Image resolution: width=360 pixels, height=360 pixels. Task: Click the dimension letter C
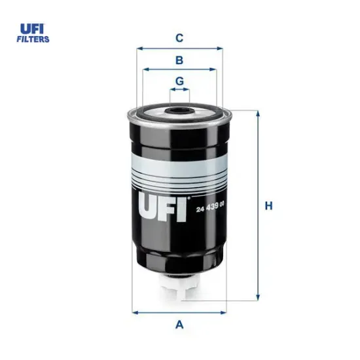tap(178, 38)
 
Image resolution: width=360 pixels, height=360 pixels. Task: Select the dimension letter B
tap(178, 60)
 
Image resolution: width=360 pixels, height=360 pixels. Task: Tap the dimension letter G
tap(179, 82)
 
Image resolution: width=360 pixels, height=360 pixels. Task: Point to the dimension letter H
tap(268, 206)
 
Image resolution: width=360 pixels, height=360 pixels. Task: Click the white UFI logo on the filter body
tap(164, 206)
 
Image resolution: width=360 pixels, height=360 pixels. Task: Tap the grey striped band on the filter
tap(178, 173)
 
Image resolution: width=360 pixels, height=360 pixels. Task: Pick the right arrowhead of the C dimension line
tap(221, 48)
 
